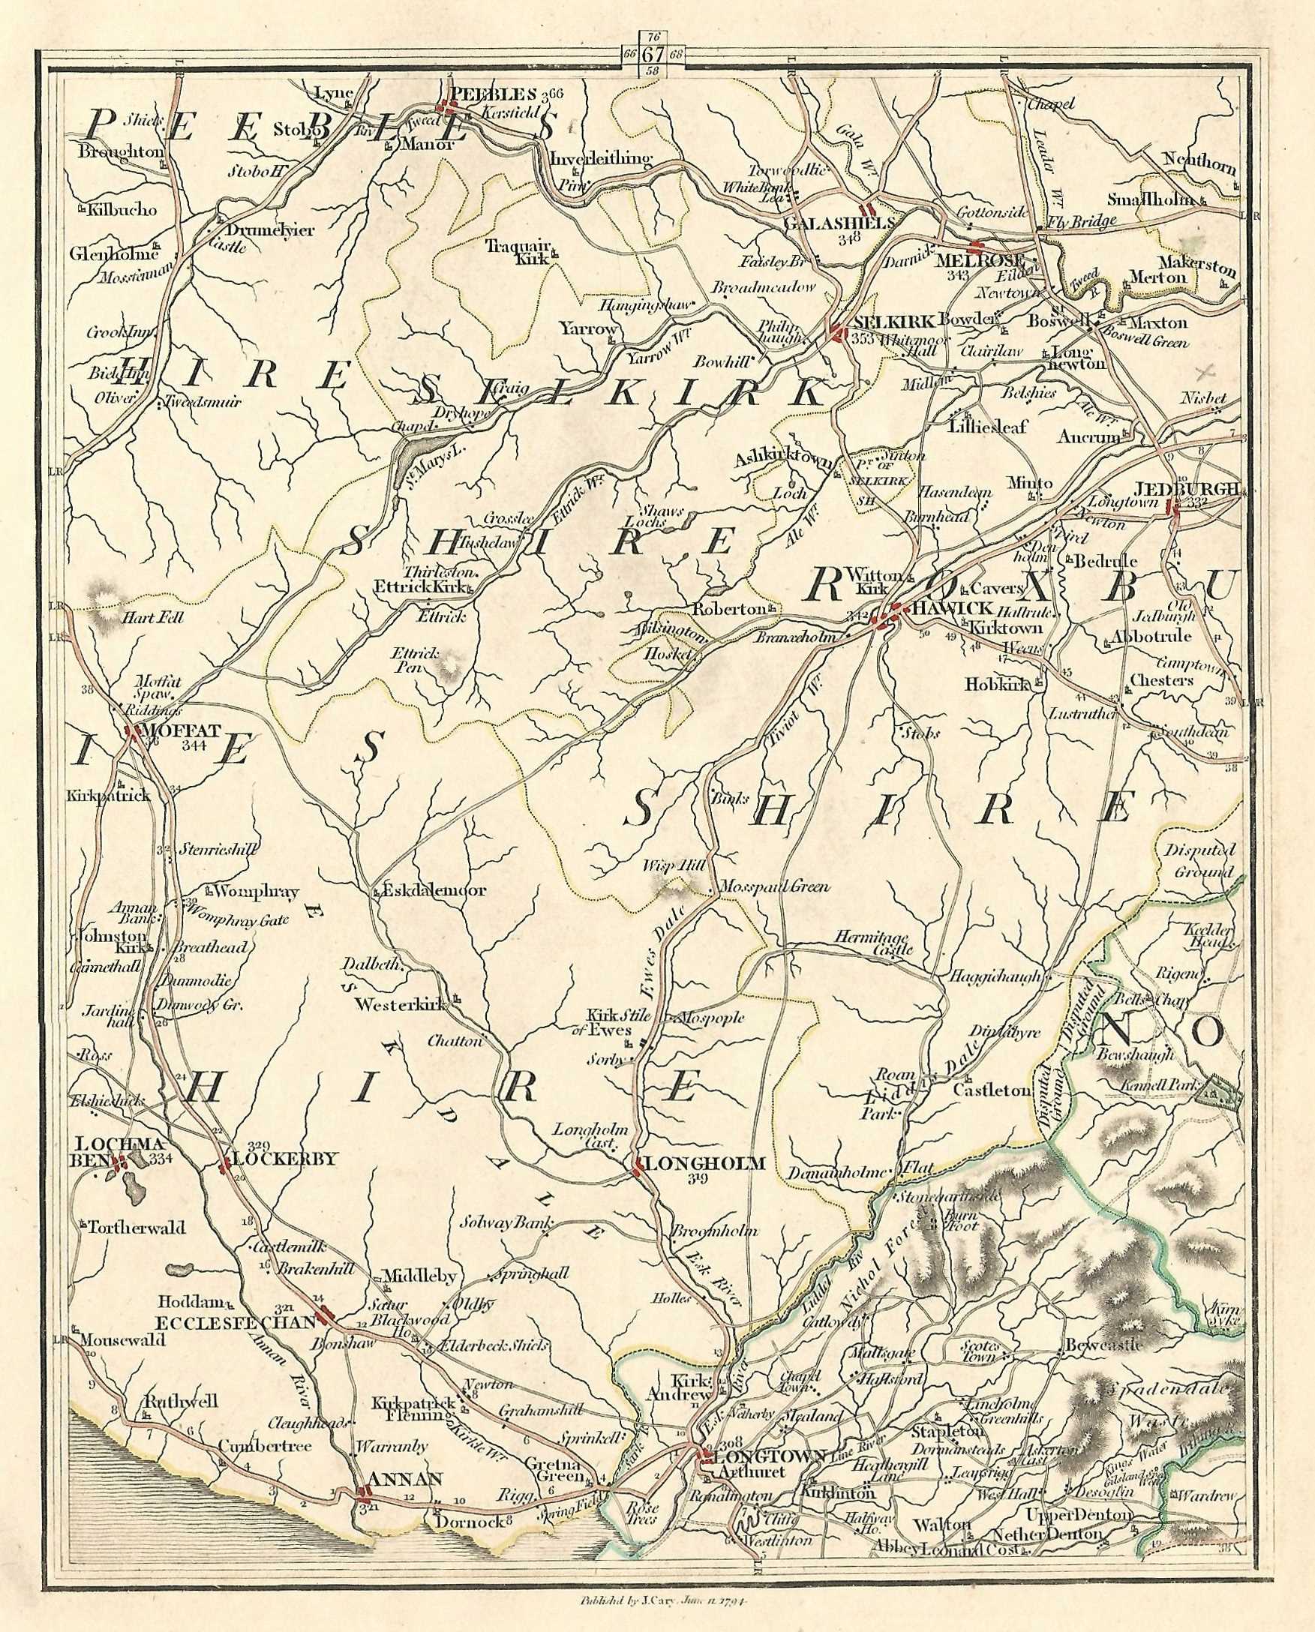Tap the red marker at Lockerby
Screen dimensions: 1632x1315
[x=225, y=1166]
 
